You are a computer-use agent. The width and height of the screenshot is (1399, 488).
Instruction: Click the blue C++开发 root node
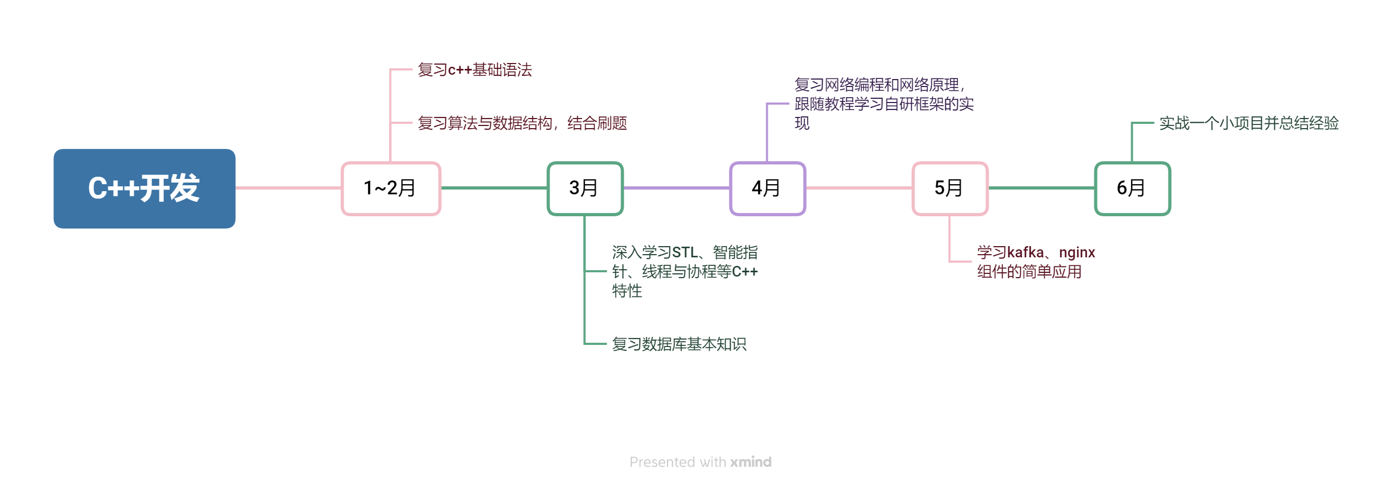click(x=145, y=188)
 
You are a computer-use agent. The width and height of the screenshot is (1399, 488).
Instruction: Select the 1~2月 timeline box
click(x=391, y=188)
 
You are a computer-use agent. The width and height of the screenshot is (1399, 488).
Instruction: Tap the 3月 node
click(x=585, y=188)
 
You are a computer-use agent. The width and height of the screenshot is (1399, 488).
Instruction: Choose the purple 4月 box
click(x=767, y=188)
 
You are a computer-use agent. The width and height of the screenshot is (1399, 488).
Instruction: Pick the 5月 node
click(x=950, y=188)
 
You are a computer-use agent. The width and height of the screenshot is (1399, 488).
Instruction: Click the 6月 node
click(x=1132, y=188)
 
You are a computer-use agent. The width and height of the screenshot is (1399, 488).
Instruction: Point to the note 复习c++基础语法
click(x=475, y=69)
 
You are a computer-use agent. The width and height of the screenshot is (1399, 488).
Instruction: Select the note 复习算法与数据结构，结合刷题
click(x=522, y=123)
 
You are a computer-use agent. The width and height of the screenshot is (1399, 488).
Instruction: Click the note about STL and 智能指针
click(x=685, y=271)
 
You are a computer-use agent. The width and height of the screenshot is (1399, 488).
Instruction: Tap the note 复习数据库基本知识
click(x=679, y=343)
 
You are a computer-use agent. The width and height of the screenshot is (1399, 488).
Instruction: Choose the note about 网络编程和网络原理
click(x=884, y=103)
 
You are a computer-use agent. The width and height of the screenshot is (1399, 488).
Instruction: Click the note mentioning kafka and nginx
click(x=1036, y=262)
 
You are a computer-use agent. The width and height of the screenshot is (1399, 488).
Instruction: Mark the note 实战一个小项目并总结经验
click(x=1249, y=123)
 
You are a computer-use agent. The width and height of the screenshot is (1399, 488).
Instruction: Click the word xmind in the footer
click(x=751, y=462)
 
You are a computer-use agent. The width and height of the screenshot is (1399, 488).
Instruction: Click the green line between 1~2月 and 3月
click(x=494, y=188)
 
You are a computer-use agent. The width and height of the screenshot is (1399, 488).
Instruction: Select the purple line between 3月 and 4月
click(x=677, y=188)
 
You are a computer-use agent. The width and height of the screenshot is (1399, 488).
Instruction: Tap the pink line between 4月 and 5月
click(x=859, y=188)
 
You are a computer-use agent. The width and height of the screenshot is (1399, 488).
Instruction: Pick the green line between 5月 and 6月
click(x=1042, y=188)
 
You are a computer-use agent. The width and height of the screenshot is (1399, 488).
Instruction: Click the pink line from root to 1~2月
click(x=288, y=188)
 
